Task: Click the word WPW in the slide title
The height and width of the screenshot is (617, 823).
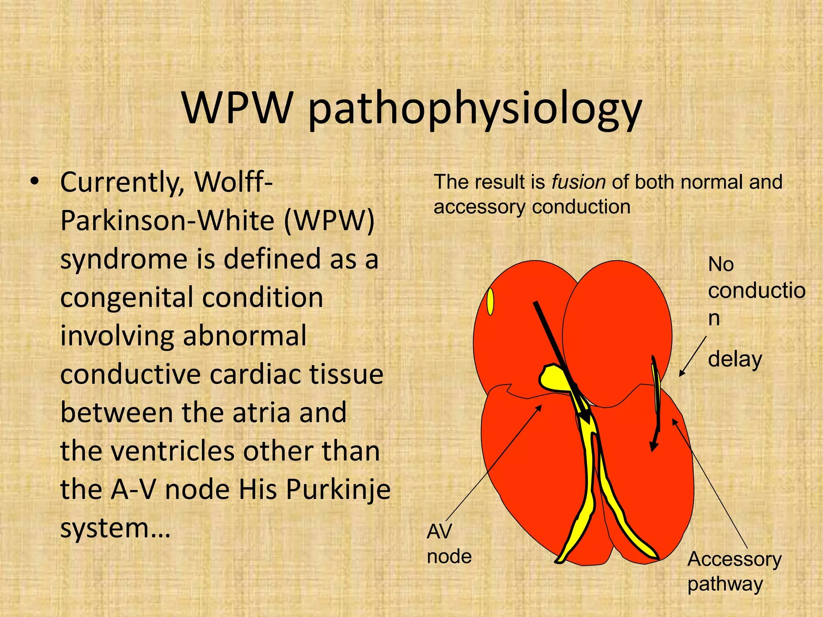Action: [x=237, y=108]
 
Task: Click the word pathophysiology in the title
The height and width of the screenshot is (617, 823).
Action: [x=474, y=110]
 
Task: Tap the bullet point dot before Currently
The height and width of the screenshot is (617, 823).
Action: [x=35, y=182]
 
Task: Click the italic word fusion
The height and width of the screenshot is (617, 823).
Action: [x=578, y=182]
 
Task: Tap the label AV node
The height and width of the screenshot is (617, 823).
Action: [x=449, y=544]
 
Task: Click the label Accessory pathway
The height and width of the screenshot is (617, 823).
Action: [x=734, y=571]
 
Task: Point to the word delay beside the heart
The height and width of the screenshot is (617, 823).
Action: [x=735, y=359]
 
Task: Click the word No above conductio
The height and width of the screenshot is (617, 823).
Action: [x=721, y=264]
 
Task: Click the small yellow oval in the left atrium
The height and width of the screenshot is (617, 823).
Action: [x=490, y=302]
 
